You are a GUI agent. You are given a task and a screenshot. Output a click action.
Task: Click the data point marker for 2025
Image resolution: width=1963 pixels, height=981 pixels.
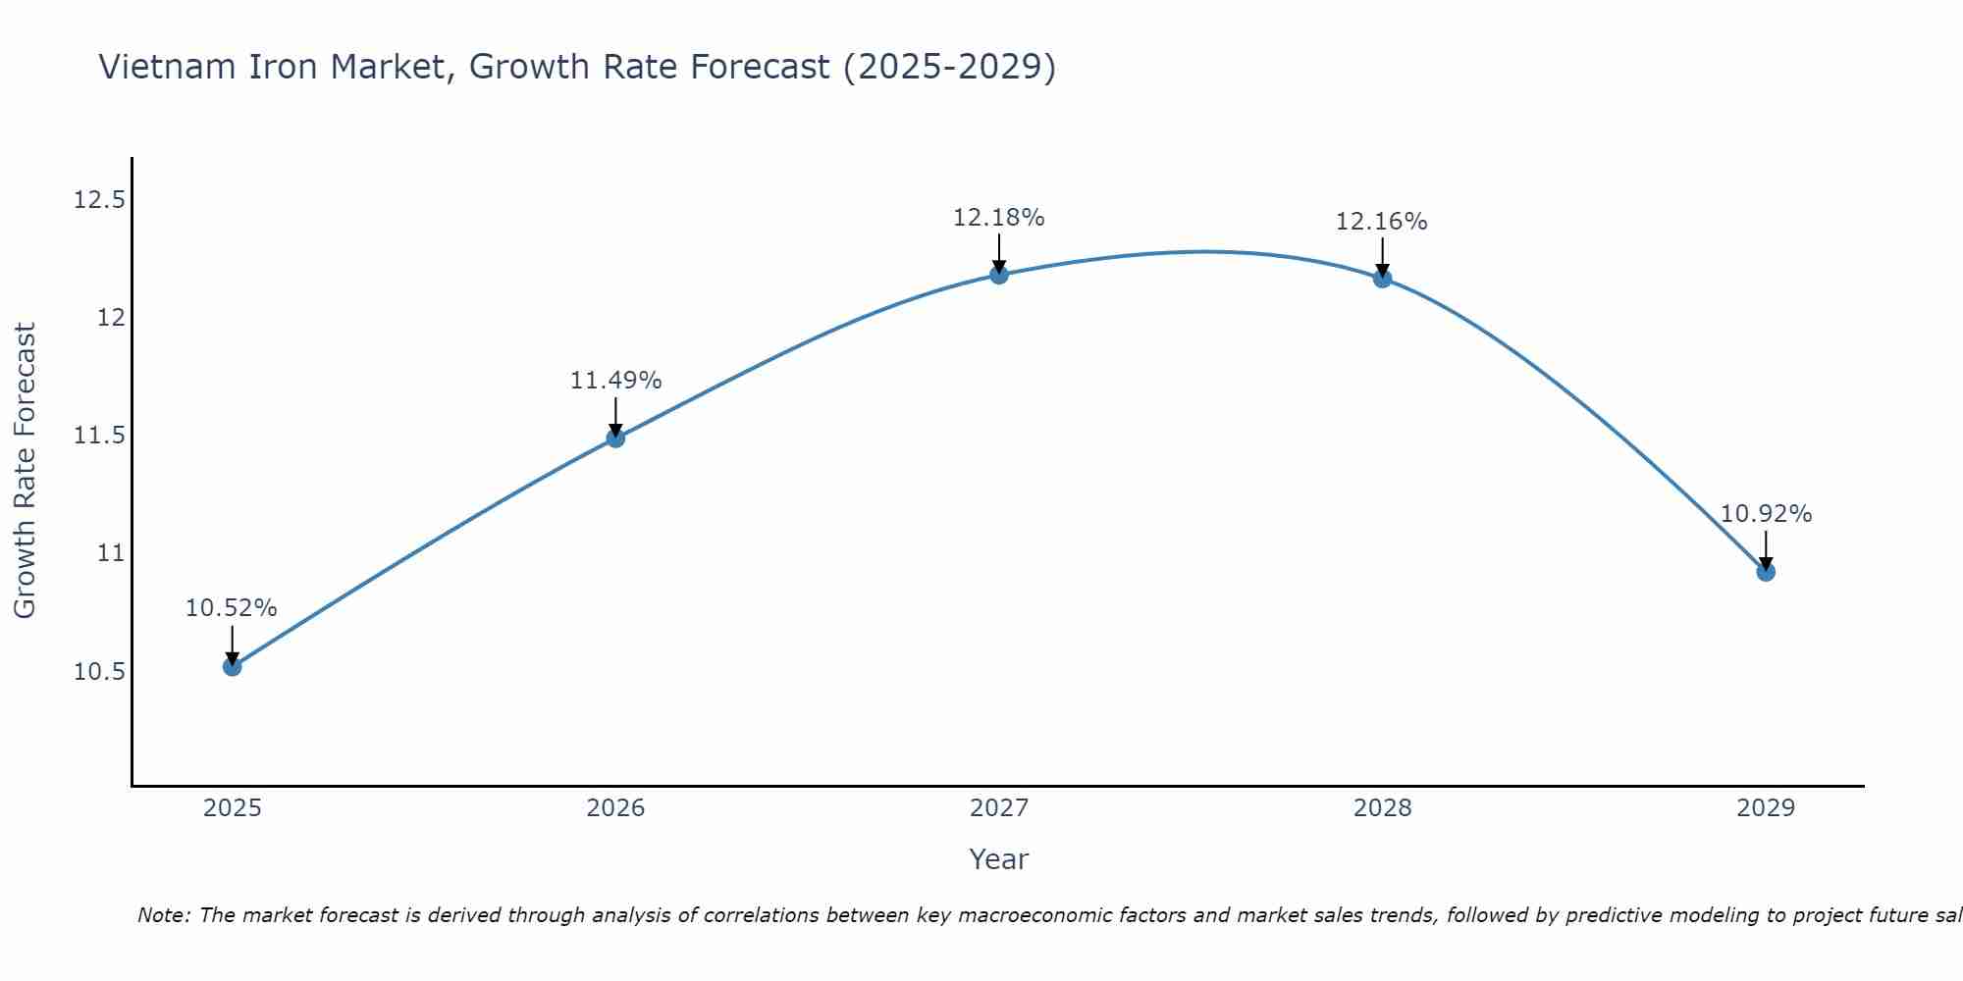(x=232, y=667)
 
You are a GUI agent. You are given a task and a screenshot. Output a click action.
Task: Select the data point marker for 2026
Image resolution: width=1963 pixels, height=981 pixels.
(x=615, y=439)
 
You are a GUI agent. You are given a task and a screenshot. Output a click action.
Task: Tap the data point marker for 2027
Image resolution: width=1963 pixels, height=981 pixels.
(x=999, y=275)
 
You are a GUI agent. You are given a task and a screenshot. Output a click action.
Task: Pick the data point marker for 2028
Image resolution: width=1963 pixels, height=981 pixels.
(x=1382, y=279)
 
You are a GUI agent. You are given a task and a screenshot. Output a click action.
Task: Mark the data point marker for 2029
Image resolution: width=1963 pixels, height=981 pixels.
(x=1766, y=572)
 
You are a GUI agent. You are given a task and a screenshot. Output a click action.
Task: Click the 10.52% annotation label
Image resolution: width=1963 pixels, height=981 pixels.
(x=232, y=608)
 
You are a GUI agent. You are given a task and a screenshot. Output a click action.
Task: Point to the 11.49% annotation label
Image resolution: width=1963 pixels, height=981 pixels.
(x=615, y=381)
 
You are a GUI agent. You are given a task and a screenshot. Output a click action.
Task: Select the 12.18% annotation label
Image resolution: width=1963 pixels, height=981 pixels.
(x=999, y=218)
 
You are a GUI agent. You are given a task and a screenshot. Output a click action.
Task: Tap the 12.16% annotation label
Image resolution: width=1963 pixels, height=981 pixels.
(x=1382, y=222)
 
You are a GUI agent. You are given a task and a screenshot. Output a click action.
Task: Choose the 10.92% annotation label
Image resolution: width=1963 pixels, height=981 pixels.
(x=1766, y=514)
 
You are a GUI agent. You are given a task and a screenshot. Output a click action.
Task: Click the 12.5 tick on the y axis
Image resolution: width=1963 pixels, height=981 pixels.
(x=99, y=200)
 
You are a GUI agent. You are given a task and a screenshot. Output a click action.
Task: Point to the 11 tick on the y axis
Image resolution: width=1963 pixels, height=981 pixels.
(x=111, y=553)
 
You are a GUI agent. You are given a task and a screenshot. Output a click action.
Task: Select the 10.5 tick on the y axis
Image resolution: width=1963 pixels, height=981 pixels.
(x=99, y=672)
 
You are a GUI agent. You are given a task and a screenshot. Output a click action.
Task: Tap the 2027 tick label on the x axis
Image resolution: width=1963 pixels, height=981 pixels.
(x=999, y=808)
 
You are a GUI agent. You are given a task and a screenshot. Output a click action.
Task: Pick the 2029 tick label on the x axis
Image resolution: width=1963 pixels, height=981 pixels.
(x=1766, y=808)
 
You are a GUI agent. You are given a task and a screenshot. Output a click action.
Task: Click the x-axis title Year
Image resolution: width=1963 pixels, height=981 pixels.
(x=999, y=859)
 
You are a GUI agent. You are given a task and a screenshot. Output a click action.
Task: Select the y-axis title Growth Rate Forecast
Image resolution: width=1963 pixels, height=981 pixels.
(x=25, y=471)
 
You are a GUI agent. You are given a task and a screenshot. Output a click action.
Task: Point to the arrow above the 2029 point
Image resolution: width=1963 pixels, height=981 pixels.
(x=1766, y=549)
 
